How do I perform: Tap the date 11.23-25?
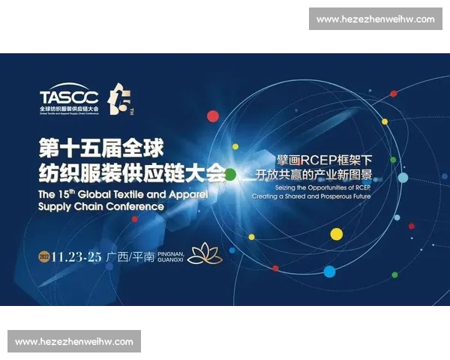coord(76,256)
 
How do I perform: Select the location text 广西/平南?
coord(130,256)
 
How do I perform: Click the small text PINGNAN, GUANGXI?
coord(172,256)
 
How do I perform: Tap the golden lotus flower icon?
coord(205,254)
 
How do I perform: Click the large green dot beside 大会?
coord(230,175)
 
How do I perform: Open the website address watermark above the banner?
coord(375,19)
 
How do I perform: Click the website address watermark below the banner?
coord(74,341)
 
